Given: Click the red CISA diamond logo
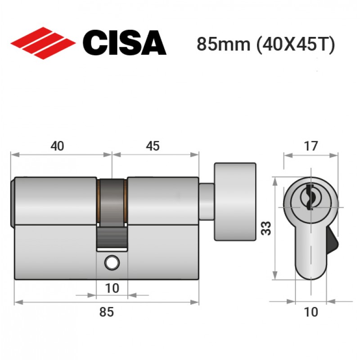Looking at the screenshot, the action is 43,43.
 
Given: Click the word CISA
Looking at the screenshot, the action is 124,43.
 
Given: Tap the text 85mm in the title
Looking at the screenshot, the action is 223,44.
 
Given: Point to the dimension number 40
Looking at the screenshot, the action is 57,146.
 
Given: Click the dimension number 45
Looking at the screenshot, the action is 153,146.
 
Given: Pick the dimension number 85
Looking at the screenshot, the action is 106,312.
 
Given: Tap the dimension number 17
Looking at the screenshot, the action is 311,146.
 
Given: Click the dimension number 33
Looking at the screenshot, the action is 266,228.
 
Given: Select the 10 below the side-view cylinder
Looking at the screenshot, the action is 112,288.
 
